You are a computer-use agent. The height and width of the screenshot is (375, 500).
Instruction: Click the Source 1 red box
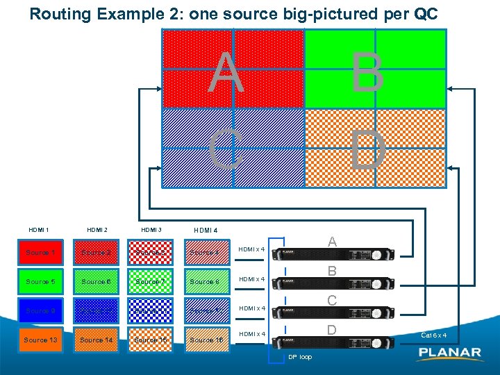coord(40,253)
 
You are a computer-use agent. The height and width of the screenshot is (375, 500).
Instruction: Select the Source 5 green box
coord(40,282)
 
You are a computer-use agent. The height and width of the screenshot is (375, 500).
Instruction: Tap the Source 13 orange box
coord(40,340)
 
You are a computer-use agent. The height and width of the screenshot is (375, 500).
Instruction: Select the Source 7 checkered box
coord(150,282)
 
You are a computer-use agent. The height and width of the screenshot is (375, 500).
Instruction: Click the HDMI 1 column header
coord(38,230)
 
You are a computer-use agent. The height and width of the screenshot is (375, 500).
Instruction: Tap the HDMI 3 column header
coord(151,230)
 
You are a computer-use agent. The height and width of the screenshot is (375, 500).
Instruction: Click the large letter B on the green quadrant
coord(367,73)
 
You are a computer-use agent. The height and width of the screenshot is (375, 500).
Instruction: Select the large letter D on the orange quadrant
coord(367,149)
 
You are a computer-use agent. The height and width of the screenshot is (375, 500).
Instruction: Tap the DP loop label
coord(301,357)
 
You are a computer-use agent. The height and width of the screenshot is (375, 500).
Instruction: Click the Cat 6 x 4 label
coord(435,336)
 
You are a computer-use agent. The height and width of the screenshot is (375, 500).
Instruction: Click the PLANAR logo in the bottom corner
coord(450,353)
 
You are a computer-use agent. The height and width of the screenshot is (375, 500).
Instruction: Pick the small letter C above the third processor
coord(332,300)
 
